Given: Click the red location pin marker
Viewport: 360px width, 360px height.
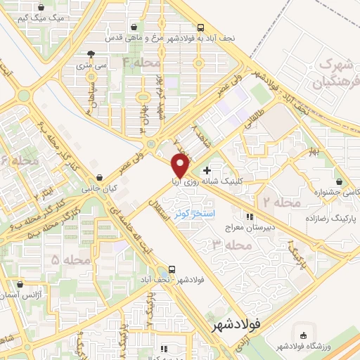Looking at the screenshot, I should [179, 165].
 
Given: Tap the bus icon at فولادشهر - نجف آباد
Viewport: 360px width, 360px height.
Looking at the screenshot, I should [170, 269].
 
